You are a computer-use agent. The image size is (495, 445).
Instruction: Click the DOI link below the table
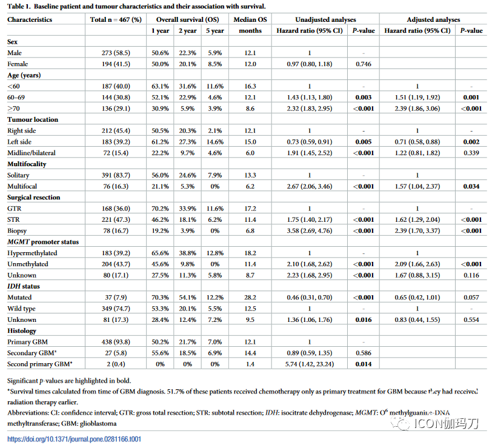74,439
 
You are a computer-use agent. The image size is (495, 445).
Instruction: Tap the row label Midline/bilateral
32,153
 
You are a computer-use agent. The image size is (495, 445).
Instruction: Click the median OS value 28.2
250,298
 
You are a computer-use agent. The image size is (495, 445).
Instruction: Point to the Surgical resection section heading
34,198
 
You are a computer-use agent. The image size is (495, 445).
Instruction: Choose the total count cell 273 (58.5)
116,53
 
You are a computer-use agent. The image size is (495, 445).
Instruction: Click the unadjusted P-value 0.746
364,64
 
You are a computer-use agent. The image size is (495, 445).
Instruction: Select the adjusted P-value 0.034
471,186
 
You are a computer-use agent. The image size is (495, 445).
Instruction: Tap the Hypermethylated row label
32,253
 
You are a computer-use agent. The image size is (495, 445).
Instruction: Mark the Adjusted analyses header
433,19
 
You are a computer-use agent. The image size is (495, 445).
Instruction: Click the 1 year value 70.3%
160,298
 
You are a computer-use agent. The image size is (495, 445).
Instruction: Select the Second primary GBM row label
40,364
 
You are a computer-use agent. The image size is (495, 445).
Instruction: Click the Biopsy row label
17,231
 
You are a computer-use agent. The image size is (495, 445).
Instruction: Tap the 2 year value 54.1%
188,298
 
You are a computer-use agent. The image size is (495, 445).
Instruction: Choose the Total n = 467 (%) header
116,19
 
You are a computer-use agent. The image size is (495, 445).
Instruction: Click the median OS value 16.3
250,86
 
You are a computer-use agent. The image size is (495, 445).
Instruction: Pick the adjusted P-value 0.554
471,320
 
